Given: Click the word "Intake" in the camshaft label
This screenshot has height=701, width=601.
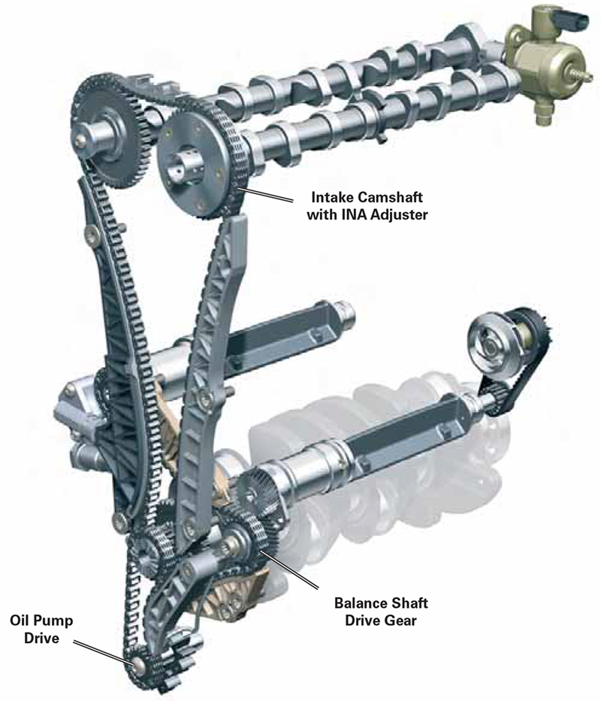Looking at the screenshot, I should [x=331, y=199].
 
